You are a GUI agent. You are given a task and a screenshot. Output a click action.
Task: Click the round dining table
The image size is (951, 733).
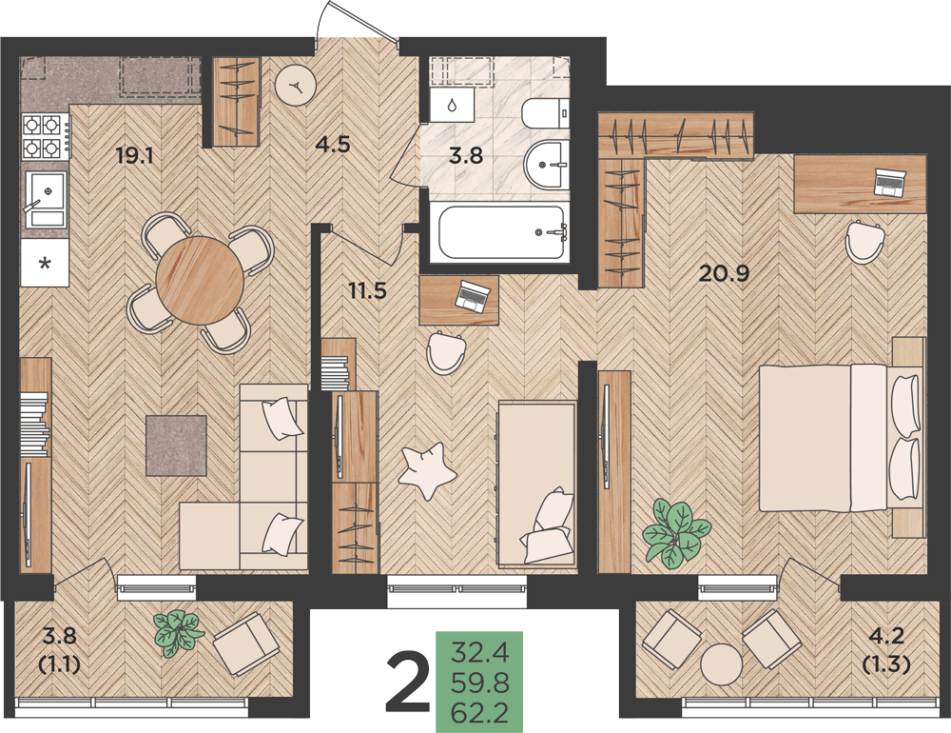[x=200, y=280]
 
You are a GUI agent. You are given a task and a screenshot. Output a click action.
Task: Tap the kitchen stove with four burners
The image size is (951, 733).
[x=46, y=137]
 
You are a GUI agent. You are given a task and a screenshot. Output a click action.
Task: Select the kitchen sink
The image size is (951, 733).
[x=46, y=199]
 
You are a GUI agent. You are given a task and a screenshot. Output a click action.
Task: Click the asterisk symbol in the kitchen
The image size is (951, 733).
[x=45, y=264]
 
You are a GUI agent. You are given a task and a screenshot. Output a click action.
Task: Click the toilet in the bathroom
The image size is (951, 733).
[x=546, y=112]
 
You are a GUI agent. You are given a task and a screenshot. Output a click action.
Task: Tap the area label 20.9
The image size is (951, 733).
[x=724, y=274]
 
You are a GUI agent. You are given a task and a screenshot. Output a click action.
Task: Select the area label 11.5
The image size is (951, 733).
[x=367, y=290]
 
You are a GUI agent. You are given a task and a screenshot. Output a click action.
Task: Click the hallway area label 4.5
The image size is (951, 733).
[x=333, y=145]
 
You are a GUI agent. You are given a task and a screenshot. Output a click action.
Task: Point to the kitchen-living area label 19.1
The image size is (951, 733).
[x=135, y=156]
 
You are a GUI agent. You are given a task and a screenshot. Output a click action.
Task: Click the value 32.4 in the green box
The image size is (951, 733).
[x=479, y=654]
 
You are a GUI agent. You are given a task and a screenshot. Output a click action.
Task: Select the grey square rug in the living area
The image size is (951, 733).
[x=177, y=446]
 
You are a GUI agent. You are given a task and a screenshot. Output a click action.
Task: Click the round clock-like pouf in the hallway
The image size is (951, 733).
[x=296, y=86]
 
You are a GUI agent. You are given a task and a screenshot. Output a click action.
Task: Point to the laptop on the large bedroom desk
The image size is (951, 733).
[x=890, y=182]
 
